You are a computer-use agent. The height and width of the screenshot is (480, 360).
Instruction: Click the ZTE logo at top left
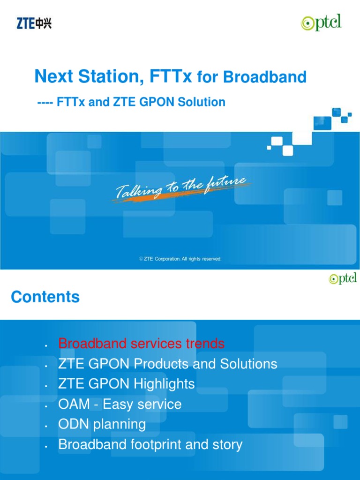click(x=34, y=23)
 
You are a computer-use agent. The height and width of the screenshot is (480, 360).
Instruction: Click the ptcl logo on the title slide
click(x=321, y=23)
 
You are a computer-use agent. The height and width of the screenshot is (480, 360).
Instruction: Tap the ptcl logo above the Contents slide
click(x=343, y=278)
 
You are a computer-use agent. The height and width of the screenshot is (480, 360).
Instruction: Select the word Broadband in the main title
click(x=265, y=77)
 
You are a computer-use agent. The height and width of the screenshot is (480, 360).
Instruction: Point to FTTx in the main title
click(x=171, y=76)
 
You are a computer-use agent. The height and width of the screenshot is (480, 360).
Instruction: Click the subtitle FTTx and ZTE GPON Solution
click(x=131, y=102)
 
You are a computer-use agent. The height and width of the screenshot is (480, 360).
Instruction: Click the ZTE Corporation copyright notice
click(x=180, y=259)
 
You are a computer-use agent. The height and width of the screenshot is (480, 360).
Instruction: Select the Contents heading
click(x=45, y=297)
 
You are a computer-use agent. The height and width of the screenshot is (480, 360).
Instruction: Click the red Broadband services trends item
click(x=141, y=344)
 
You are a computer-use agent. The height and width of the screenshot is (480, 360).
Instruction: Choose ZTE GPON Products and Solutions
click(x=167, y=364)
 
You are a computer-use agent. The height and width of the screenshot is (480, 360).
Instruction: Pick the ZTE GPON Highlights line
click(x=126, y=384)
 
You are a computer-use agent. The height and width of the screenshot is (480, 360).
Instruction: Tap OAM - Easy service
click(x=120, y=404)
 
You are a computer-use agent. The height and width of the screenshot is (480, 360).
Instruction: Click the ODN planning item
click(x=102, y=424)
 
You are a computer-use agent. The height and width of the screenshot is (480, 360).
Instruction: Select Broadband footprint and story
click(x=150, y=444)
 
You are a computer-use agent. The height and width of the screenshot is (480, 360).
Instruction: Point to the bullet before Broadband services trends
click(x=46, y=346)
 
